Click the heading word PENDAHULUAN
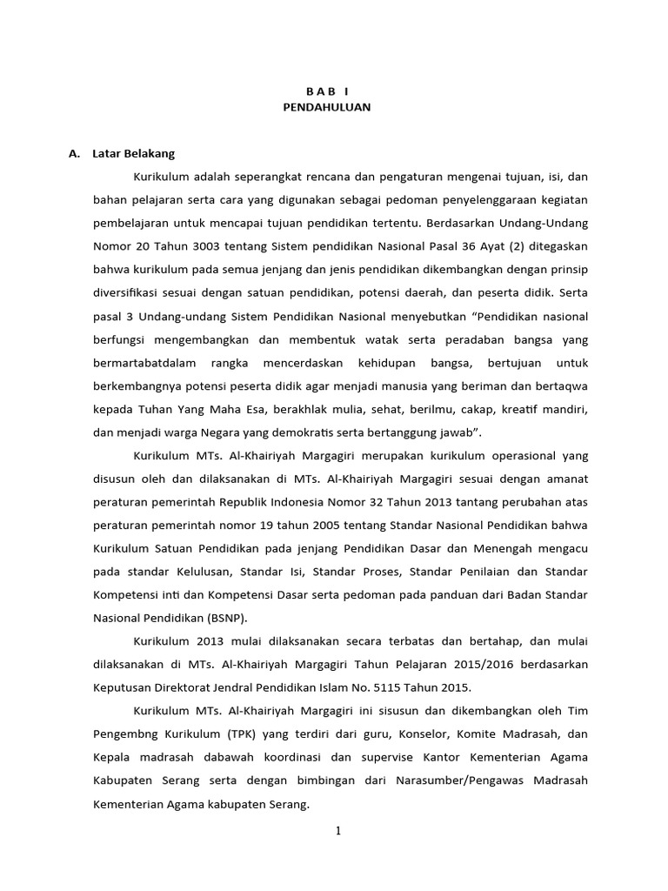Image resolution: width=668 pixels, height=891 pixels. point(327,107)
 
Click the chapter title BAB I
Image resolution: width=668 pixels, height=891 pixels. point(326,90)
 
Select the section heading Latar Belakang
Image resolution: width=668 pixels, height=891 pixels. point(133,153)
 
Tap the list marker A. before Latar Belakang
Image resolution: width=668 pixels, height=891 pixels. point(74,153)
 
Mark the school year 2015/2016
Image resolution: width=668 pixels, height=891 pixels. point(459,664)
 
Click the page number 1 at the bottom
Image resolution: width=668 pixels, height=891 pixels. point(338,831)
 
